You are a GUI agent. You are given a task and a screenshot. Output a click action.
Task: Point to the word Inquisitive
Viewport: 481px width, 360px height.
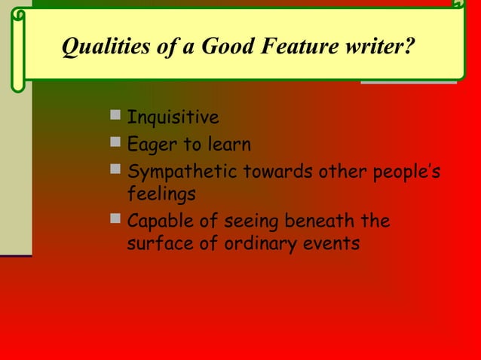coord(173,117)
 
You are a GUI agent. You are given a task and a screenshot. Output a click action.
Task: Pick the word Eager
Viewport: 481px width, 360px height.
coord(150,144)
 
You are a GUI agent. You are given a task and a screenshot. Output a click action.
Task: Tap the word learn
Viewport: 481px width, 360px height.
coord(225,144)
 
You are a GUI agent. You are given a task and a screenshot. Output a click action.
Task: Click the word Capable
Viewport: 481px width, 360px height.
coord(160,221)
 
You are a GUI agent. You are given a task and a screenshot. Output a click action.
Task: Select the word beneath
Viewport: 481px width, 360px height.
coord(317,221)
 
